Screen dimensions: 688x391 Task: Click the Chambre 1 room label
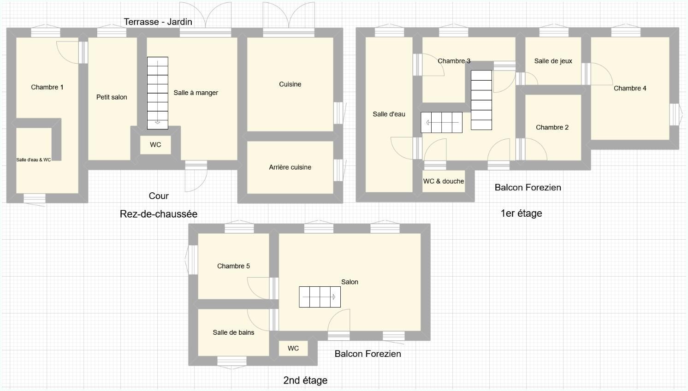(x=47, y=87)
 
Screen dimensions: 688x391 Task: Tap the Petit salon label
(x=112, y=97)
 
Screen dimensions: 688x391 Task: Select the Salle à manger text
(x=196, y=93)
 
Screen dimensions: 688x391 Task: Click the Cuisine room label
(x=290, y=84)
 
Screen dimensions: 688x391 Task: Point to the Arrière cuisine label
(x=290, y=167)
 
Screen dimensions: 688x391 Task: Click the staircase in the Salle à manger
(x=158, y=93)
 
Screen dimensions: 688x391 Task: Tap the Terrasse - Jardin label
(x=158, y=22)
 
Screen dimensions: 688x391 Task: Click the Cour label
(x=159, y=196)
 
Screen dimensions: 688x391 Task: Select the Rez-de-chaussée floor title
(x=159, y=214)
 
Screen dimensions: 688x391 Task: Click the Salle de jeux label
(x=553, y=61)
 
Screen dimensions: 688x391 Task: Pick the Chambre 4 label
(x=629, y=89)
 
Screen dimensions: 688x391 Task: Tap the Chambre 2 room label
(x=552, y=127)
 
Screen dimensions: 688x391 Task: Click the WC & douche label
(x=443, y=181)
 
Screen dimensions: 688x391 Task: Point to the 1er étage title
(x=521, y=213)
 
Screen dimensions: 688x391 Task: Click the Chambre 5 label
(x=233, y=266)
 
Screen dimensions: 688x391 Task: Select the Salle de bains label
(x=233, y=332)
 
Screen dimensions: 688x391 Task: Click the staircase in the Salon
(x=320, y=297)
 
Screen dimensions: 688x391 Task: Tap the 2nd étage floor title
(x=305, y=380)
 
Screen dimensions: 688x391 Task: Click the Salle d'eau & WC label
(x=34, y=160)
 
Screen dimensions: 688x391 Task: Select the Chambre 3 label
(x=454, y=61)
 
